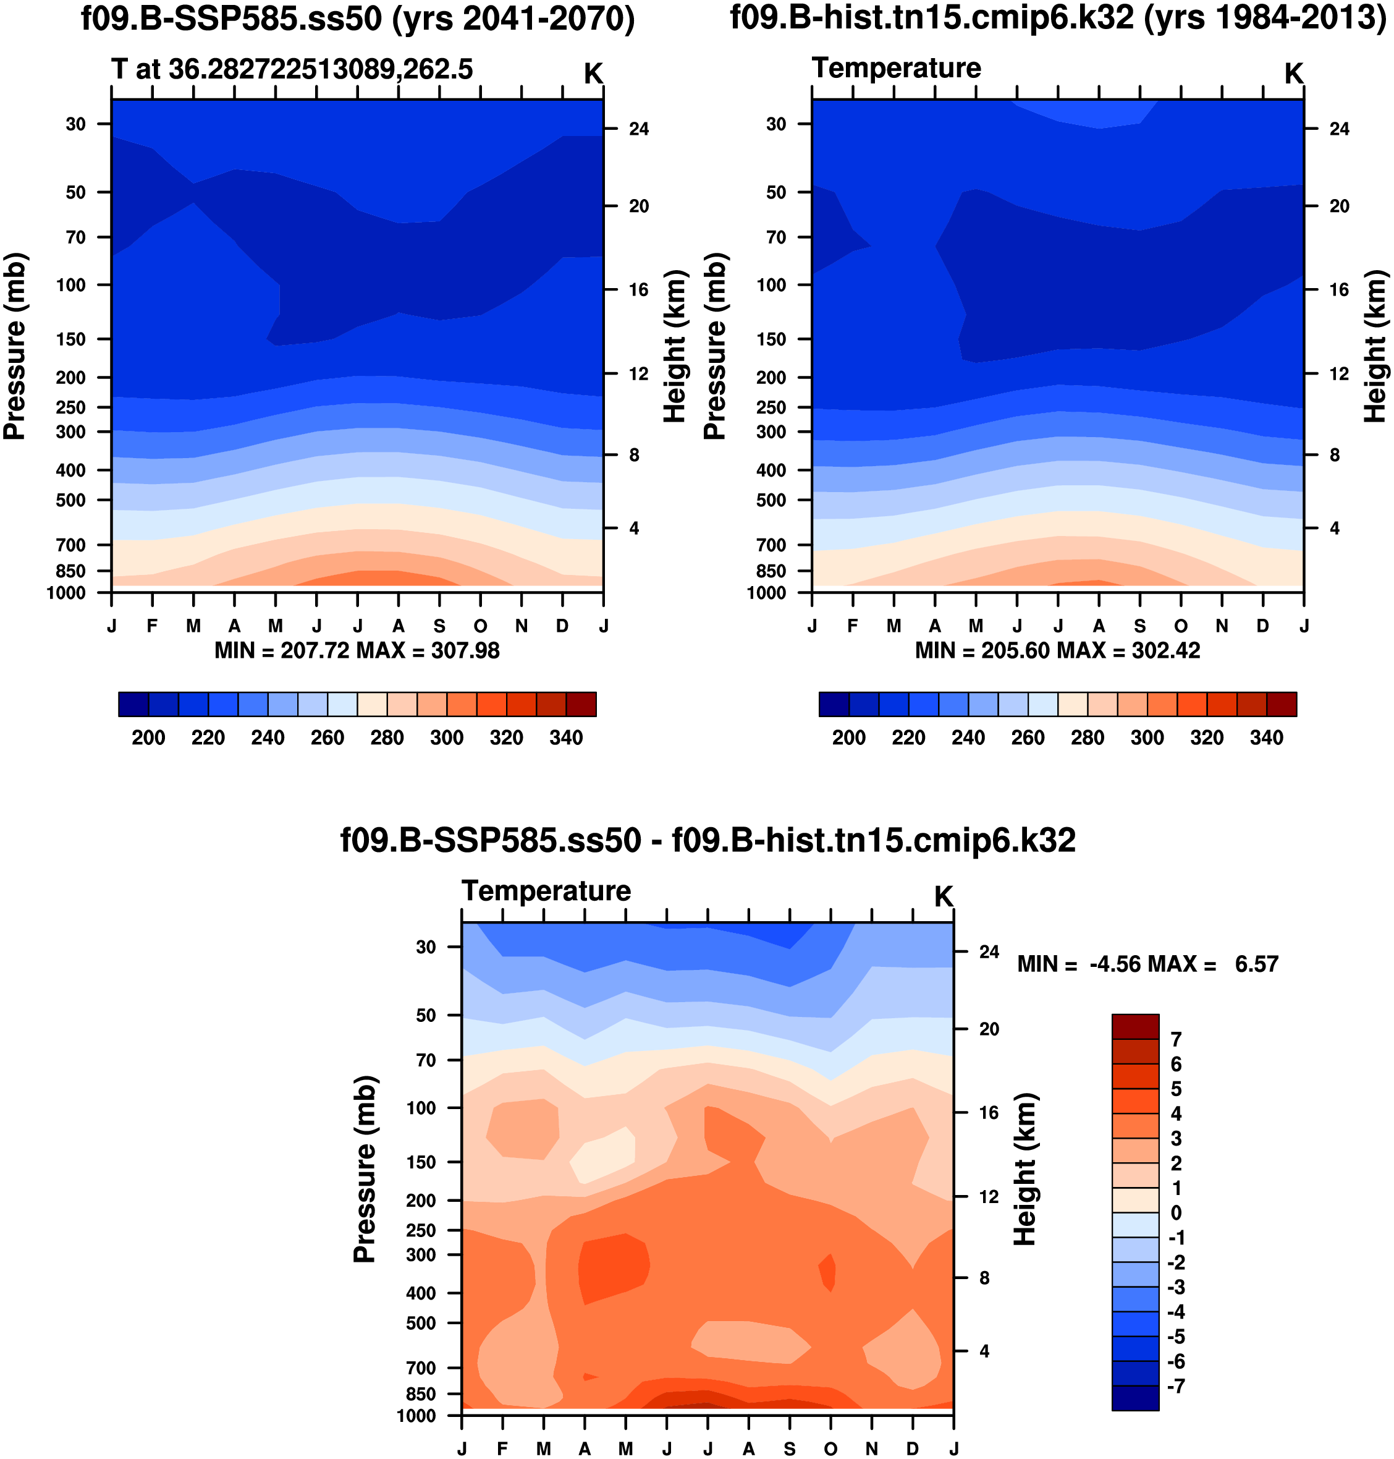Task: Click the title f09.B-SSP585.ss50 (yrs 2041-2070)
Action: pyautogui.click(x=357, y=19)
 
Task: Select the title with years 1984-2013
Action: pyautogui.click(x=1058, y=18)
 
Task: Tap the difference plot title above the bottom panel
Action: pyautogui.click(x=708, y=841)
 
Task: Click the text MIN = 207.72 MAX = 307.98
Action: pyautogui.click(x=357, y=651)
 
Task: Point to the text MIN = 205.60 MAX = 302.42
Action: pyautogui.click(x=1057, y=651)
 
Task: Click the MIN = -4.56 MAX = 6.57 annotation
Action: pyautogui.click(x=1147, y=965)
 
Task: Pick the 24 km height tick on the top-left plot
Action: pyautogui.click(x=638, y=129)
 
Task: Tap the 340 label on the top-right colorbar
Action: pyautogui.click(x=1266, y=738)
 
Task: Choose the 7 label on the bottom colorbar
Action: pyautogui.click(x=1175, y=1040)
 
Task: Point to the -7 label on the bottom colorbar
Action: pyautogui.click(x=1175, y=1386)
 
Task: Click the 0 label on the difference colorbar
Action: pyautogui.click(x=1175, y=1213)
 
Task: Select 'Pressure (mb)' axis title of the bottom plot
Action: pyautogui.click(x=365, y=1169)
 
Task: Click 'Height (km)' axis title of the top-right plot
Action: pyautogui.click(x=1375, y=346)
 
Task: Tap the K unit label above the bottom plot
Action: pyautogui.click(x=943, y=897)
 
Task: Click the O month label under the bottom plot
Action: pyautogui.click(x=830, y=1448)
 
